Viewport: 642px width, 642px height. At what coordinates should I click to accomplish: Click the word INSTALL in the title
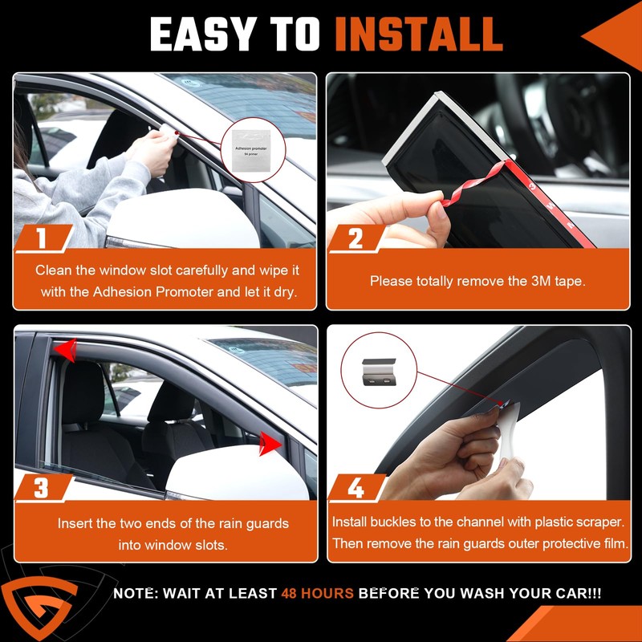418,35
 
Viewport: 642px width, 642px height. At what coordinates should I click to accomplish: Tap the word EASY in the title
205,35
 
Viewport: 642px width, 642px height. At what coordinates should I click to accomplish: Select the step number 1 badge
43,238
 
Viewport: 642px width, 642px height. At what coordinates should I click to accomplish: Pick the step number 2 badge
356,238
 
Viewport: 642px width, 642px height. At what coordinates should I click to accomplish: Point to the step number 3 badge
43,488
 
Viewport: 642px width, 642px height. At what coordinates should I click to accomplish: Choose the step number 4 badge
356,488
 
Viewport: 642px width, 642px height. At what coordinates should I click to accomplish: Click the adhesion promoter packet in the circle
250,150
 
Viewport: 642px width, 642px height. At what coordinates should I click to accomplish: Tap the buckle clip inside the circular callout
379,372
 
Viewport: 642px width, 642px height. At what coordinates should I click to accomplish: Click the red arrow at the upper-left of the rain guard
66,350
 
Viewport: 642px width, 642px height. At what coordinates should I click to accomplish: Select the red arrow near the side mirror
270,444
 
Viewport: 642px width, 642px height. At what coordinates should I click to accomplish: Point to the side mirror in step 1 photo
183,219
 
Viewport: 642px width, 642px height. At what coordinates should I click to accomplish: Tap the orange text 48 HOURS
317,593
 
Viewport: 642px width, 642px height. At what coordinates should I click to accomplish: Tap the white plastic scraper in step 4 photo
509,434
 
